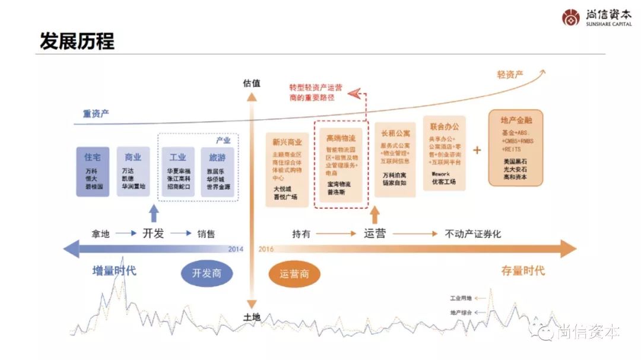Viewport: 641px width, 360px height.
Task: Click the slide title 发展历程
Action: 77,41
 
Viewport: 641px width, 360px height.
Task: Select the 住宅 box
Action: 93,171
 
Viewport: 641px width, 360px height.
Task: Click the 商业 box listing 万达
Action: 133,171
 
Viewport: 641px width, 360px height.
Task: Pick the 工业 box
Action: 177,171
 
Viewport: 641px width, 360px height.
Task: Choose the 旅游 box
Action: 217,171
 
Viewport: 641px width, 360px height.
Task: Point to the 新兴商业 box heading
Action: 287,142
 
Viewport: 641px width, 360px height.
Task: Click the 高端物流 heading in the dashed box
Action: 341,138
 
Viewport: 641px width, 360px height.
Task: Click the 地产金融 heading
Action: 515,120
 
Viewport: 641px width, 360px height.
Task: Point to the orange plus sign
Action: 477,149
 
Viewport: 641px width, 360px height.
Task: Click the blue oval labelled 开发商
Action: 207,273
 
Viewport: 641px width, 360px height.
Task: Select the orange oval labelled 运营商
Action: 294,275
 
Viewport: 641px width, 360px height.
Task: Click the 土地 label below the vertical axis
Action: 252,317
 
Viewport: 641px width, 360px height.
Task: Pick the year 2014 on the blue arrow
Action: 236,249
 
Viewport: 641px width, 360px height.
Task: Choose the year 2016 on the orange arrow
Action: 266,249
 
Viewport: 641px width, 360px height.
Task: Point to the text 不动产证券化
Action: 472,234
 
